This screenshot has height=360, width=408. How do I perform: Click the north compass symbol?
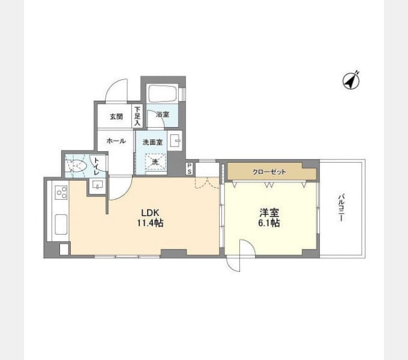(x=350, y=80)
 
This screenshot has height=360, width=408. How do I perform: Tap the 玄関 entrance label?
(x=116, y=116)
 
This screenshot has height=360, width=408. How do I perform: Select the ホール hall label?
(x=116, y=141)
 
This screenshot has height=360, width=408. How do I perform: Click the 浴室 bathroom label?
(x=163, y=114)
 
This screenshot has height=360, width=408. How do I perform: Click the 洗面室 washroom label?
(x=153, y=142)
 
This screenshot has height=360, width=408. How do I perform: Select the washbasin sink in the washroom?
(x=176, y=142)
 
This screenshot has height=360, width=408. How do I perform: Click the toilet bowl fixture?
(x=76, y=166)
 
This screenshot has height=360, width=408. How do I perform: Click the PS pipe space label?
(x=189, y=168)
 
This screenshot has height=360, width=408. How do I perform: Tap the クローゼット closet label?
(x=269, y=172)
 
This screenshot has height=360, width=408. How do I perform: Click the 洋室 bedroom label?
(x=269, y=213)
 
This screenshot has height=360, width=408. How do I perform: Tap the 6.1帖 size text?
(x=269, y=223)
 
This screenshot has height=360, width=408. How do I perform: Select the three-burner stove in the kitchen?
(x=61, y=193)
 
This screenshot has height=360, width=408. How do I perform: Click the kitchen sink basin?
(x=61, y=226)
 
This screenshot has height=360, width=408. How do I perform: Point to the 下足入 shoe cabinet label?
(x=137, y=116)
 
